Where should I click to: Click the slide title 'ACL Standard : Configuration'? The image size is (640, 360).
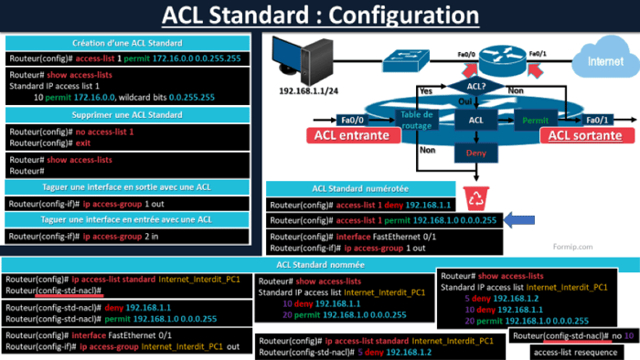pyautogui.click(x=320, y=16)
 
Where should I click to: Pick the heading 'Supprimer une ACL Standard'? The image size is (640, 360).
pyautogui.click(x=127, y=114)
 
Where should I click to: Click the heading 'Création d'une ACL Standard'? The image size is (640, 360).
pyautogui.click(x=127, y=43)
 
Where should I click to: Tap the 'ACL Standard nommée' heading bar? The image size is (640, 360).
pyautogui.click(x=319, y=265)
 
